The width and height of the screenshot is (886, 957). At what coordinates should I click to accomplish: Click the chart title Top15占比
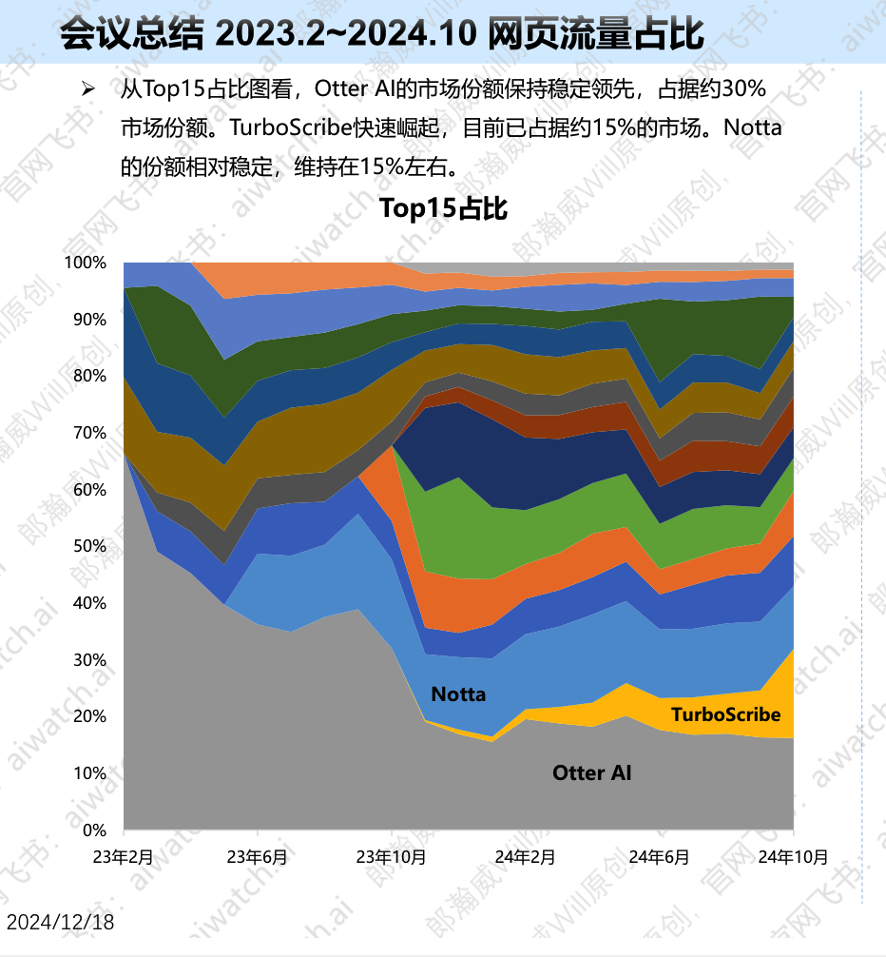tap(443, 208)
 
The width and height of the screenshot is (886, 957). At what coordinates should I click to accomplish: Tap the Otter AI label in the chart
tap(591, 773)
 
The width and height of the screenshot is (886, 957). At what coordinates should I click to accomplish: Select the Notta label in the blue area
tap(458, 694)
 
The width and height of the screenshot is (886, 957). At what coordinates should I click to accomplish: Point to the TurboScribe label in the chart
tap(725, 714)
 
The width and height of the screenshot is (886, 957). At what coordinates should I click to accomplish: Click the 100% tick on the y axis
tap(85, 263)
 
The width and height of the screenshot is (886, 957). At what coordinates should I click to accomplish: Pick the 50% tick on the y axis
tap(88, 546)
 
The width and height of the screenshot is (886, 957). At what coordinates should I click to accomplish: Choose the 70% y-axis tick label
tap(88, 433)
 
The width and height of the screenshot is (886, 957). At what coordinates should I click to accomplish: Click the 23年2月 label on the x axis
tap(123, 856)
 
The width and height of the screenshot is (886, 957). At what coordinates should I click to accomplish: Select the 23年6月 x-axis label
tap(257, 856)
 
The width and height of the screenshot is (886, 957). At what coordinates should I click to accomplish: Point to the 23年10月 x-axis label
tap(392, 856)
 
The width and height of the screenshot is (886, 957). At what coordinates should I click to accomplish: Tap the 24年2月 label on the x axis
tap(525, 856)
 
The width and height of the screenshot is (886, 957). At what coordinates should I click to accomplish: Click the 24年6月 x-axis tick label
tap(659, 856)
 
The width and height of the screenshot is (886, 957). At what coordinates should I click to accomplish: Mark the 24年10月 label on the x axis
tap(793, 856)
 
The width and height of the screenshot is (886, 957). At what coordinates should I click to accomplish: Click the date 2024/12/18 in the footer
tap(60, 922)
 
